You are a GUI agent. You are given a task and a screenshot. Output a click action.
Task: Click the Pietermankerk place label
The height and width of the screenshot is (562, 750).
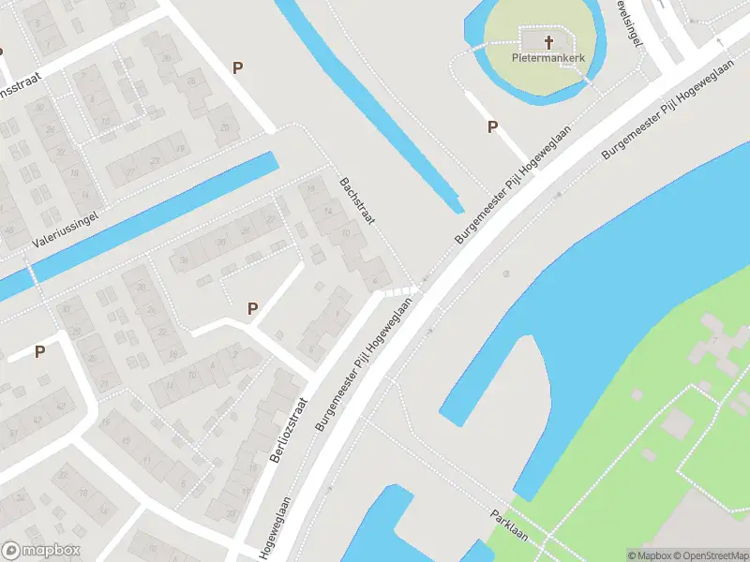coord(548,57)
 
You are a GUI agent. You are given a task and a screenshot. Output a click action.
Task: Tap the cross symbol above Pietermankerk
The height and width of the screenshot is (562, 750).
coord(548,41)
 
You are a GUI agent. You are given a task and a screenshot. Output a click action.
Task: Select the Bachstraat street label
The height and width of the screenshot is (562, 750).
coord(357,200)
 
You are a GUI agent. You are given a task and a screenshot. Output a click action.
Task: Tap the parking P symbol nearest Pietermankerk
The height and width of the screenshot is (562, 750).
coord(492,127)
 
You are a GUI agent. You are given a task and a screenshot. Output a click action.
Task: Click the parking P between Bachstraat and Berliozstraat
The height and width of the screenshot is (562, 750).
coord(252,308)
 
